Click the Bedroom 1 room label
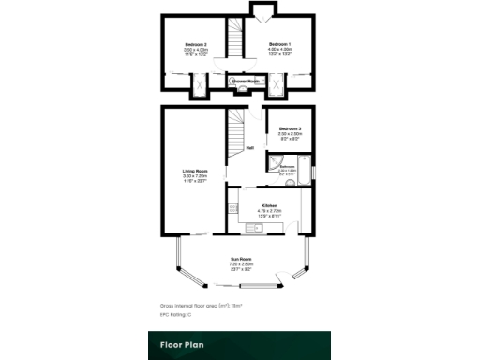[x=280, y=45]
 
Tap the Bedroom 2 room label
[x=194, y=45]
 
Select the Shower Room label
[x=247, y=82]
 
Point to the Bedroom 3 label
[x=291, y=127]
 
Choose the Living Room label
[x=194, y=171]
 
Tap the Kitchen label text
[x=269, y=204]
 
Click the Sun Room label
[x=243, y=259]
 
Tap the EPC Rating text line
[x=175, y=315]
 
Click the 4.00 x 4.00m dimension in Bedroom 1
[x=280, y=51]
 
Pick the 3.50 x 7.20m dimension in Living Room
[x=194, y=176]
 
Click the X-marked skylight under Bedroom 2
[x=200, y=87]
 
